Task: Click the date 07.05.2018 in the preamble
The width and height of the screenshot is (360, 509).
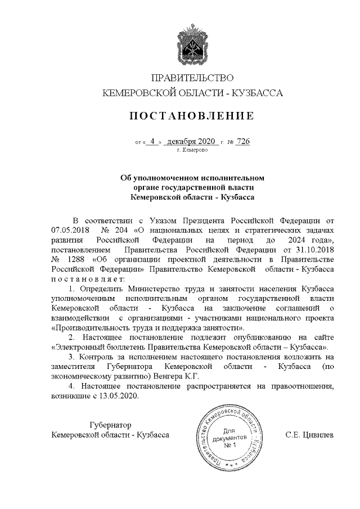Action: click(x=70, y=229)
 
